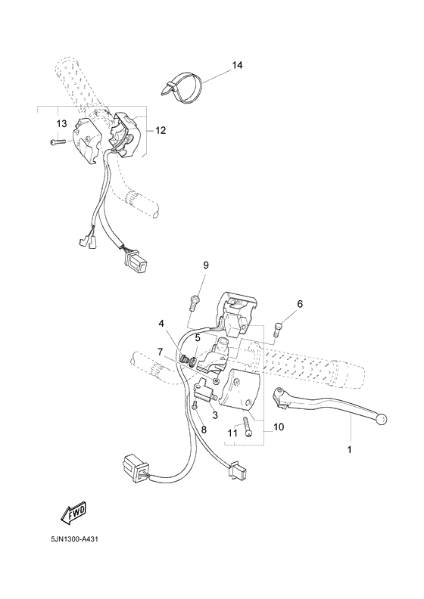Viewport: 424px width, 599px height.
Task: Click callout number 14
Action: (237, 67)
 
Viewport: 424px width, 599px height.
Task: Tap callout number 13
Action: (61, 123)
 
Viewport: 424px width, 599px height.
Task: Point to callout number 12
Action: (161, 130)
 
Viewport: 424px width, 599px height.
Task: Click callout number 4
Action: (161, 324)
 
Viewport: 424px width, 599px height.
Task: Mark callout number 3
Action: (215, 415)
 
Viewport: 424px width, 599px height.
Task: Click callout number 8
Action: (203, 430)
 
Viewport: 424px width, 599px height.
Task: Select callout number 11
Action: (232, 433)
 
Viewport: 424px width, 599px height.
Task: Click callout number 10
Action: (279, 427)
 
